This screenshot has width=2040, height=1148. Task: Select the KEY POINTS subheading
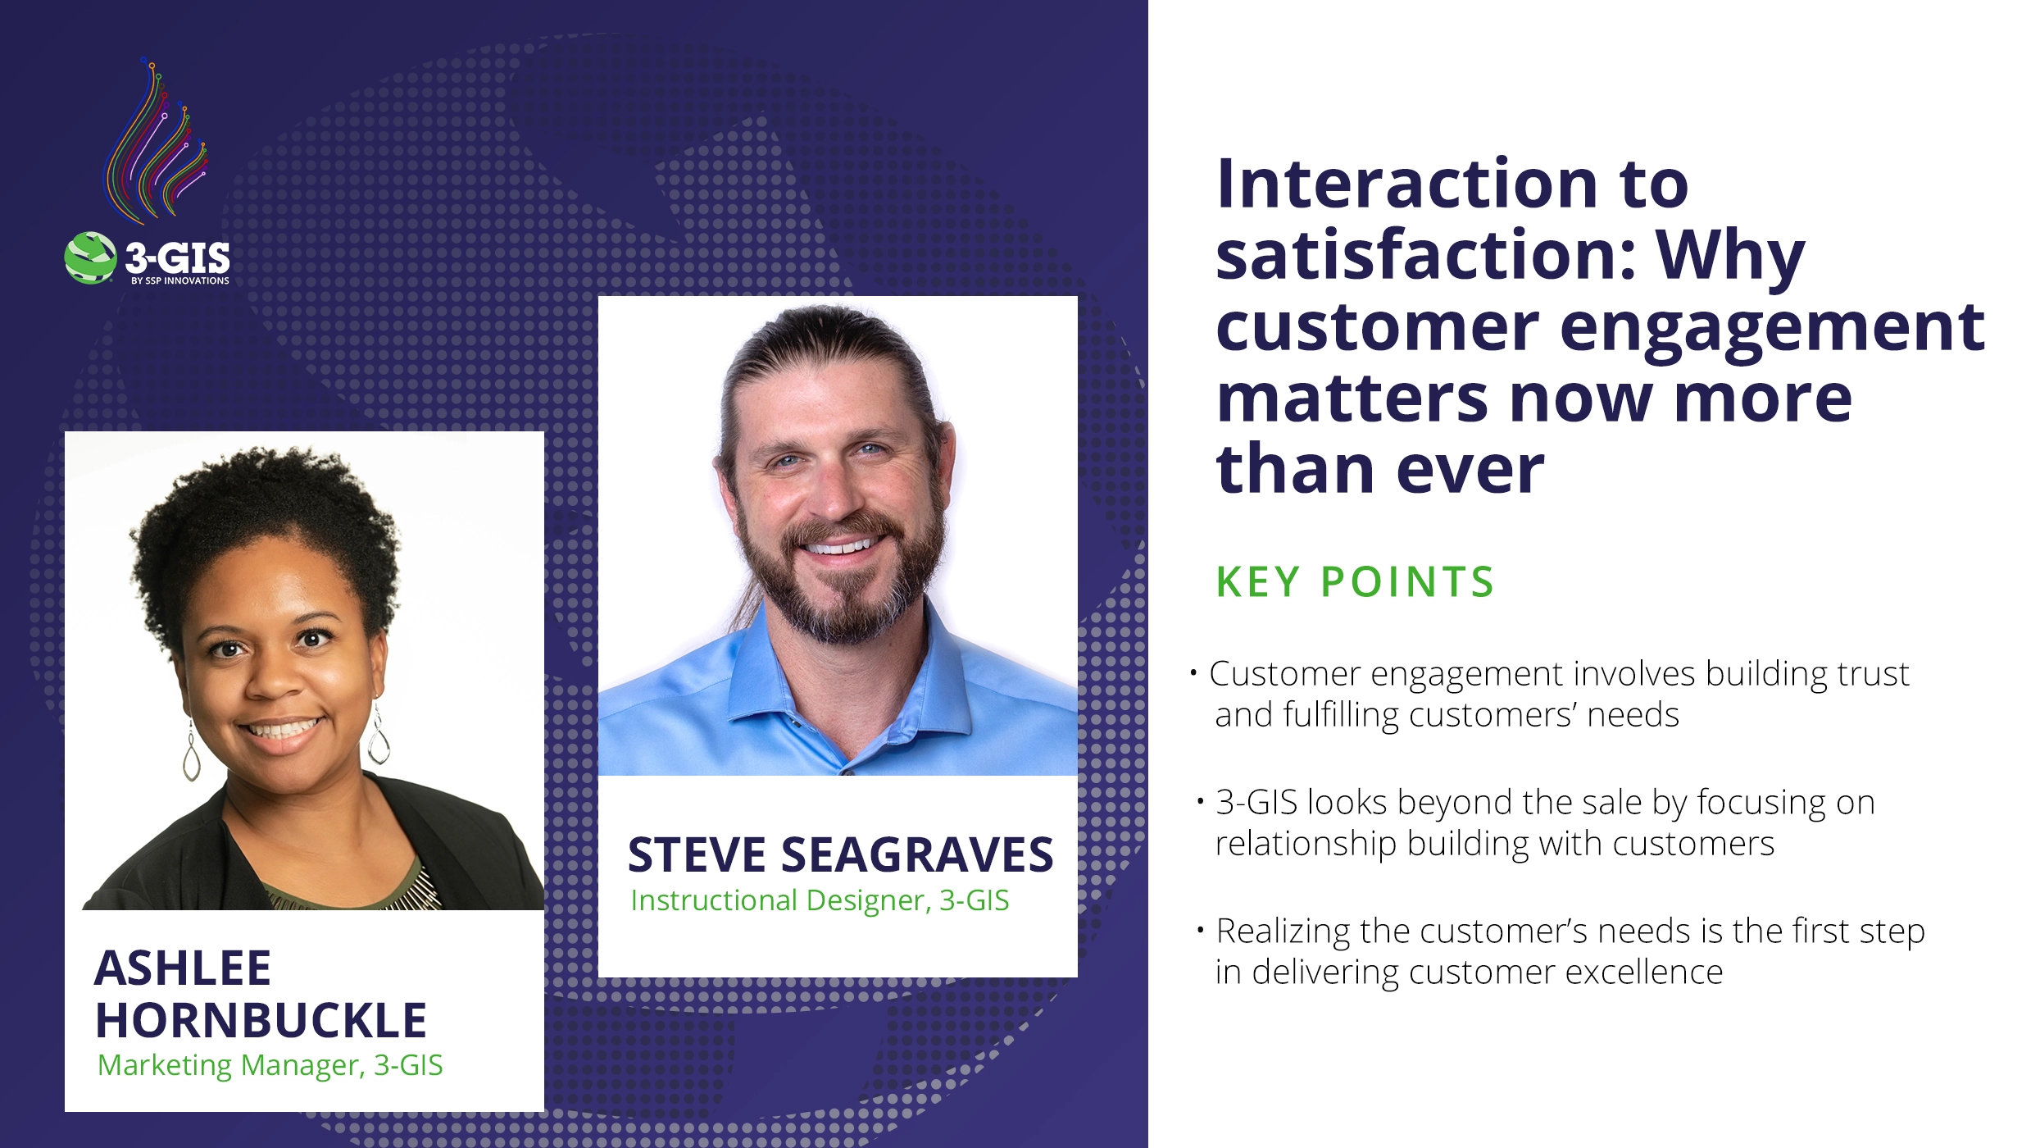[x=1355, y=582]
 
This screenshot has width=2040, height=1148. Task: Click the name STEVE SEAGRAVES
[x=840, y=855]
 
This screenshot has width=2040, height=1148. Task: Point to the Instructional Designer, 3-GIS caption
[x=820, y=900]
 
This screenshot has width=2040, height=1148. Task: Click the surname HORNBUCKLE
[x=261, y=1021]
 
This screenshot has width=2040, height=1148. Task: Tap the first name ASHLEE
[x=183, y=968]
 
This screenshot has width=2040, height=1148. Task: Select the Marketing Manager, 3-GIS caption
[x=270, y=1065]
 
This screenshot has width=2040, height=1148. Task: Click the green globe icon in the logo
[x=90, y=257]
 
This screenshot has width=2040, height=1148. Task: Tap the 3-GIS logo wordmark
[x=177, y=257]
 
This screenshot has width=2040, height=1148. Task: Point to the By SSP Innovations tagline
[x=180, y=280]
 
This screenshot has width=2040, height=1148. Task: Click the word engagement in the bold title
[x=1772, y=326]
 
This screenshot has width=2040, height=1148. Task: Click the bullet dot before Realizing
[x=1200, y=930]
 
